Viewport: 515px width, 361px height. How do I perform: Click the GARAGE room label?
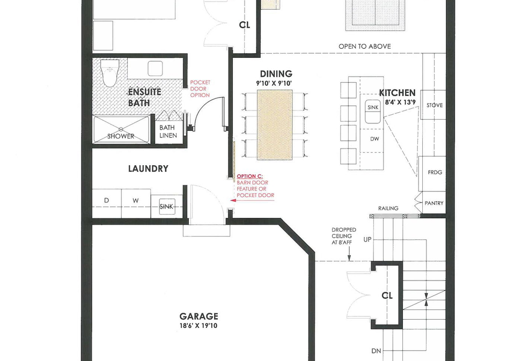click(x=198, y=316)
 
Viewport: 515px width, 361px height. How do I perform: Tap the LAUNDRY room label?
click(x=148, y=169)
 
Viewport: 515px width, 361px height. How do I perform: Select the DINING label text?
click(x=276, y=74)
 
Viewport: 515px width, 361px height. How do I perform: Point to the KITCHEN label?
click(x=398, y=93)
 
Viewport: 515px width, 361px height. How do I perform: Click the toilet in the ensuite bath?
click(x=110, y=72)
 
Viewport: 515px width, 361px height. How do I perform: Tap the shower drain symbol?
click(x=121, y=129)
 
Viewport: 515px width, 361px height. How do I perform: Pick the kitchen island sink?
click(x=373, y=112)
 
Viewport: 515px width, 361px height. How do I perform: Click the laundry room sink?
click(x=167, y=207)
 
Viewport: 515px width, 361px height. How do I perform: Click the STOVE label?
click(x=435, y=106)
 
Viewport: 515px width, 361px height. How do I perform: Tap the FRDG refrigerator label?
click(x=435, y=172)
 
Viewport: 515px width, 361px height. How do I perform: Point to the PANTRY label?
click(x=434, y=203)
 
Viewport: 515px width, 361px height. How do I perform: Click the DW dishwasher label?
click(x=375, y=139)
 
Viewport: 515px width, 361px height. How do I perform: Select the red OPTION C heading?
click(x=249, y=176)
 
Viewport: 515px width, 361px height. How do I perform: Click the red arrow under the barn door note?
click(x=252, y=201)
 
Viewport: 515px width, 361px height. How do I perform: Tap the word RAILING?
click(x=388, y=208)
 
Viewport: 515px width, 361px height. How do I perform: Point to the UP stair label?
click(x=367, y=240)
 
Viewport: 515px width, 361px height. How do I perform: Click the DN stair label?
click(x=377, y=351)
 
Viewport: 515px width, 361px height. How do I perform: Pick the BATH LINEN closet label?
click(x=168, y=131)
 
